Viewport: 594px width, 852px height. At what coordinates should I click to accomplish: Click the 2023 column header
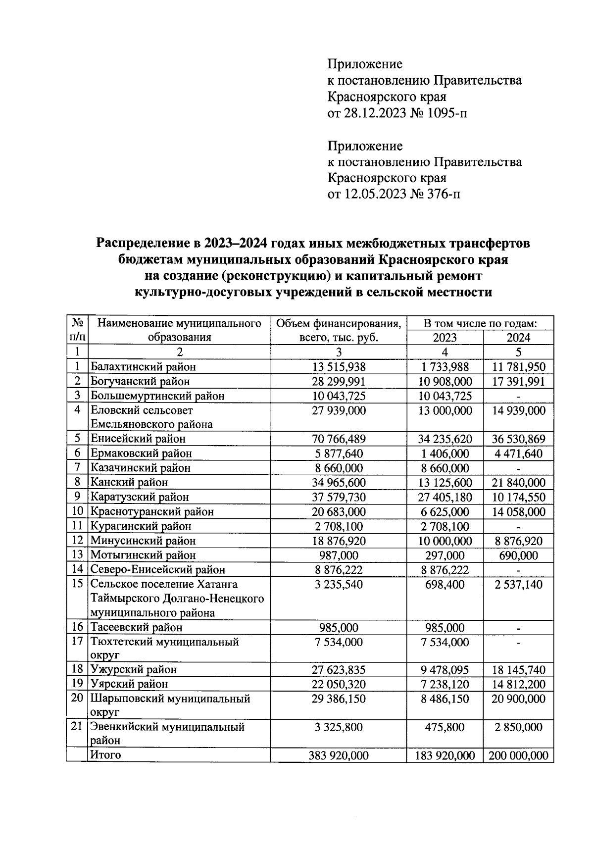445,338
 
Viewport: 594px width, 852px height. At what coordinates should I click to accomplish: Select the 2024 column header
518,338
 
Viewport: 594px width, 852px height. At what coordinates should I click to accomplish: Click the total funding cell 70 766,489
339,439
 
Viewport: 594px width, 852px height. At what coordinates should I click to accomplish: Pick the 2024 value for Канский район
518,483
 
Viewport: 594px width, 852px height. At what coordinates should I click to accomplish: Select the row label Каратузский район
139,497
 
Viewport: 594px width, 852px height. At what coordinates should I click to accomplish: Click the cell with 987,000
339,555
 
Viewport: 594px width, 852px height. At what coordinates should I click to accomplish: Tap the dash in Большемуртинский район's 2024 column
518,396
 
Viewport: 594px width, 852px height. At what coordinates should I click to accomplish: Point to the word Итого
105,755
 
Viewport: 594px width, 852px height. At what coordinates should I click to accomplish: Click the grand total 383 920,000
339,756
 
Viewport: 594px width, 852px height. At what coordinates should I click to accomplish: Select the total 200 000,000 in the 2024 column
518,756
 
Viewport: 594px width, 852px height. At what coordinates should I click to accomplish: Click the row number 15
77,584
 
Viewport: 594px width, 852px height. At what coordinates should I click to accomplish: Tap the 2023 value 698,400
445,585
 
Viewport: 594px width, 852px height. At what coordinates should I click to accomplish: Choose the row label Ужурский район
133,670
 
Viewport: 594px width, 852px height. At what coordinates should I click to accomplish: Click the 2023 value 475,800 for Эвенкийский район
445,727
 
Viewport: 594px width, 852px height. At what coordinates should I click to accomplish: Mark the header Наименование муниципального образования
179,331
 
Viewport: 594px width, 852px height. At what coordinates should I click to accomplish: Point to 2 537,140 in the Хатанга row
518,585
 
